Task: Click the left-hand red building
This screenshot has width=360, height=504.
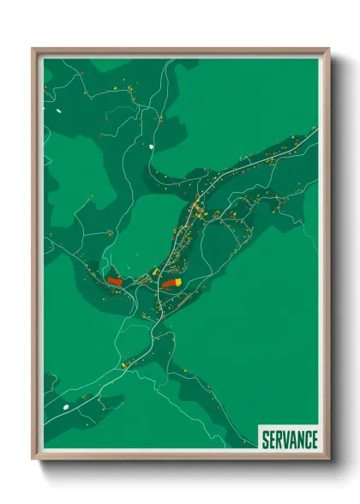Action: pos(115,279)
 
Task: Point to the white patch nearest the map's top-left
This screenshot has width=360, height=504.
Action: pos(59,110)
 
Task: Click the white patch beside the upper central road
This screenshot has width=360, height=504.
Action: pos(152,147)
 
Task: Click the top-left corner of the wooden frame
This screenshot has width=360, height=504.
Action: pos(34,50)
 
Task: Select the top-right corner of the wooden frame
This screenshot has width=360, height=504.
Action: pos(328,50)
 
